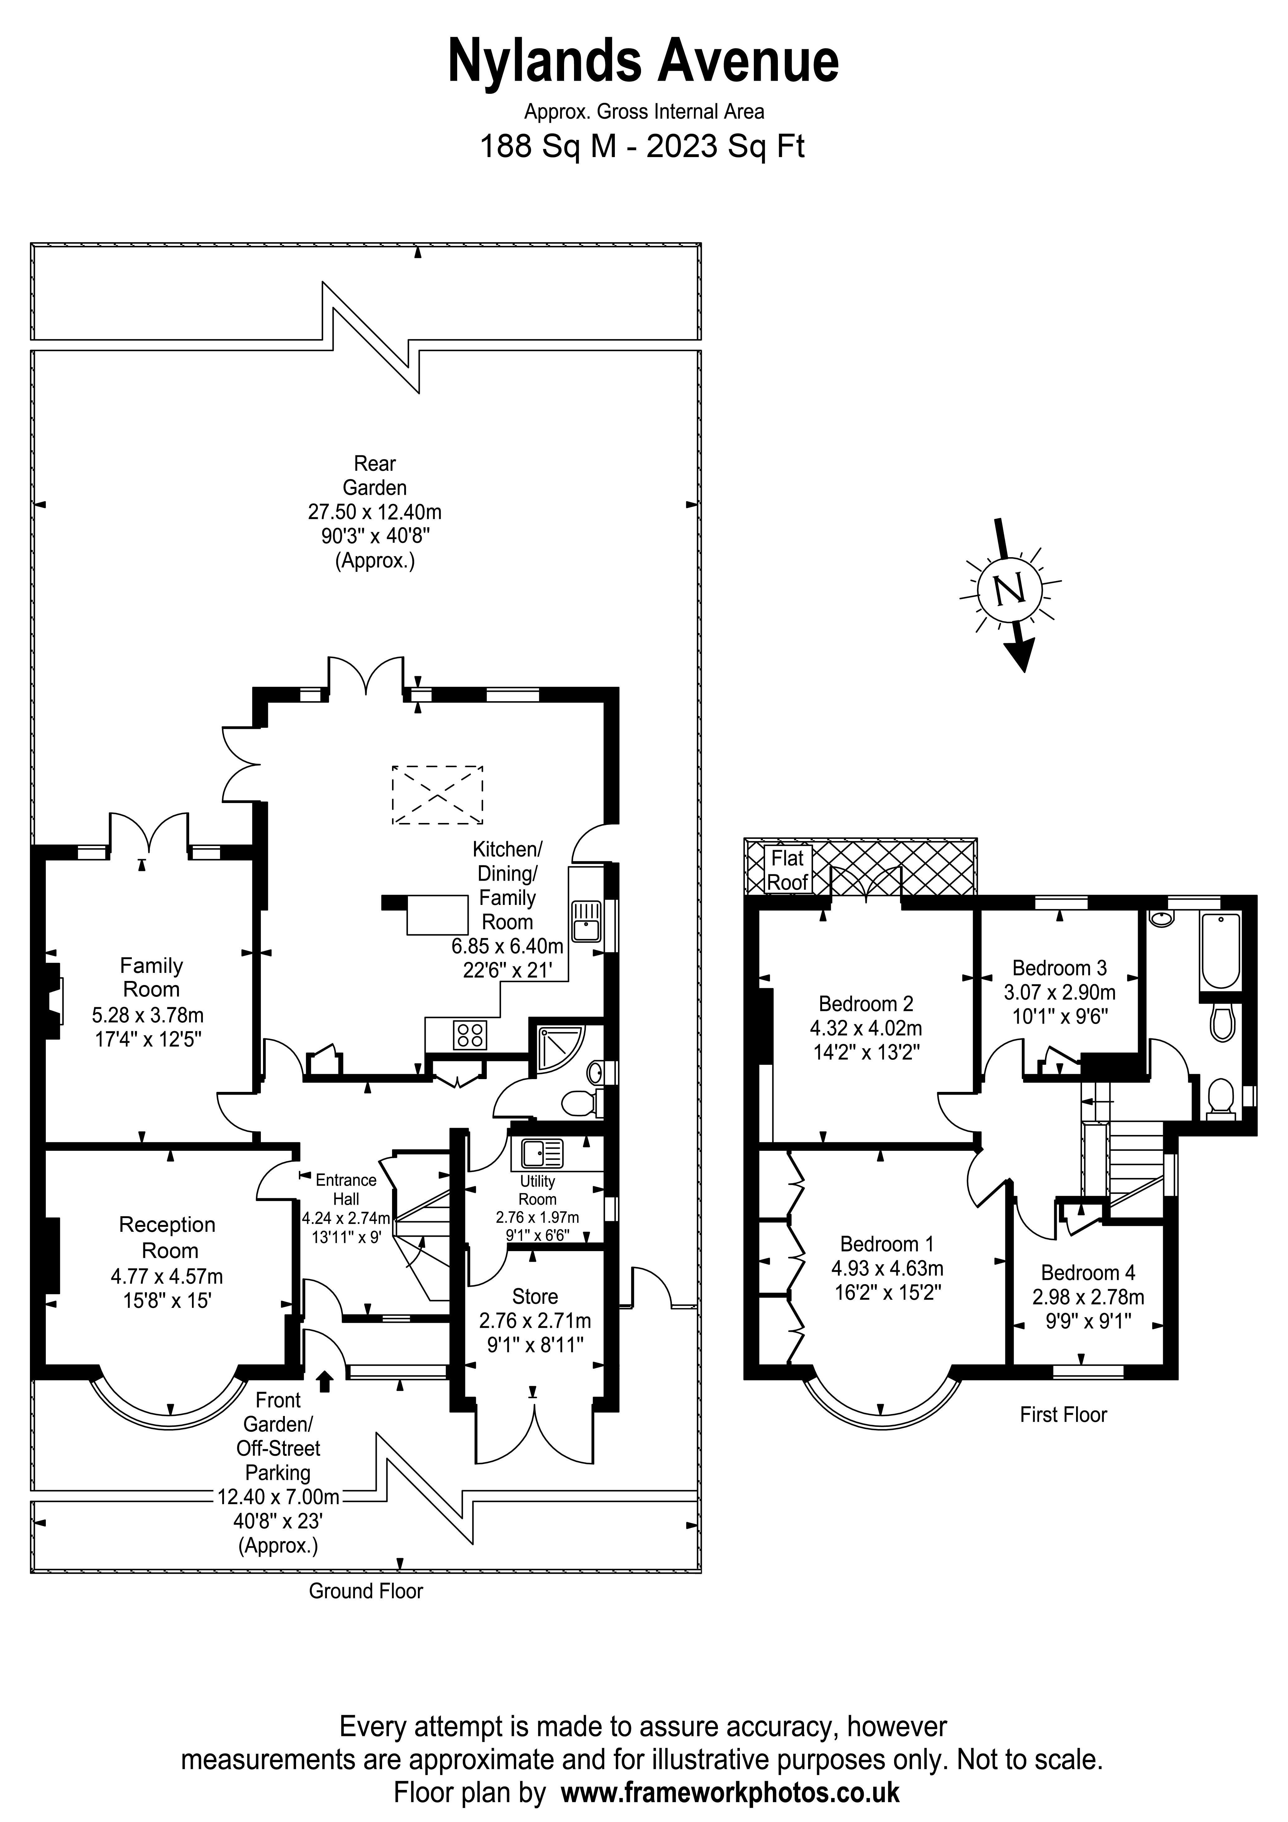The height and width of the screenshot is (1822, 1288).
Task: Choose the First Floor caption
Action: point(1063,1414)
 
